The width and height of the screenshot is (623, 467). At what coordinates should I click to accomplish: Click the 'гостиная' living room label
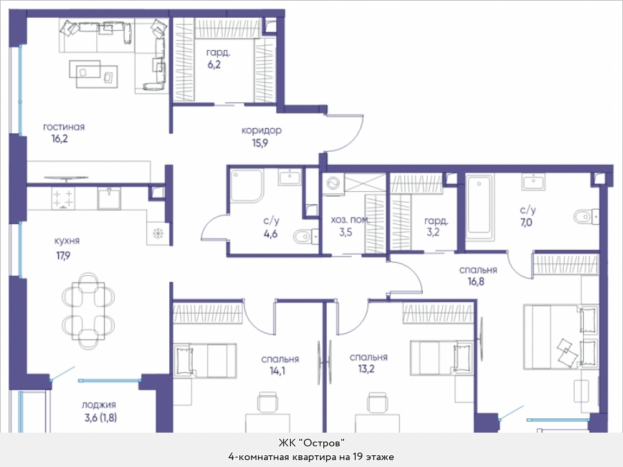[x=64, y=127]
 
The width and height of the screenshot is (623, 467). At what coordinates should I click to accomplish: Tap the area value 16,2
[x=60, y=139]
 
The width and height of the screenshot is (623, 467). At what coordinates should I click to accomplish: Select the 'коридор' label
[x=261, y=131]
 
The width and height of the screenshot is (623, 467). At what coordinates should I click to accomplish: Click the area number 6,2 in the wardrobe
[x=214, y=65]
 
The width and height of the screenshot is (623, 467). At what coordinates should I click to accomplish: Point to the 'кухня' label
[x=67, y=241]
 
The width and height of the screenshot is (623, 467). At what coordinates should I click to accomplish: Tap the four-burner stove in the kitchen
[x=63, y=198]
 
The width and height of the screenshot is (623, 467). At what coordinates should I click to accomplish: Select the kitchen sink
[x=109, y=198]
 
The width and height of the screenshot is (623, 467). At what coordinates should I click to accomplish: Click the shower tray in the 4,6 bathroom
[x=247, y=186]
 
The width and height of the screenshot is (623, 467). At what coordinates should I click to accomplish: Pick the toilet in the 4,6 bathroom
[x=306, y=238]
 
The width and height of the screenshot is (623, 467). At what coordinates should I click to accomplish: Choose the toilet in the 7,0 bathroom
[x=586, y=217]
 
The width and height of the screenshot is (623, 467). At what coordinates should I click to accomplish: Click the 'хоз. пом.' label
[x=351, y=220]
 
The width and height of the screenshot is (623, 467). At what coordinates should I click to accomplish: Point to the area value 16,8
[x=476, y=282]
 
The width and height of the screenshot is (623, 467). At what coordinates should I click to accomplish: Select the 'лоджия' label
[x=99, y=405]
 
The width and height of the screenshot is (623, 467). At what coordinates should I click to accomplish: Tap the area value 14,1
[x=277, y=371]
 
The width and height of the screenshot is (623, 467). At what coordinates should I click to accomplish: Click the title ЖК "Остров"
[x=311, y=443]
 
